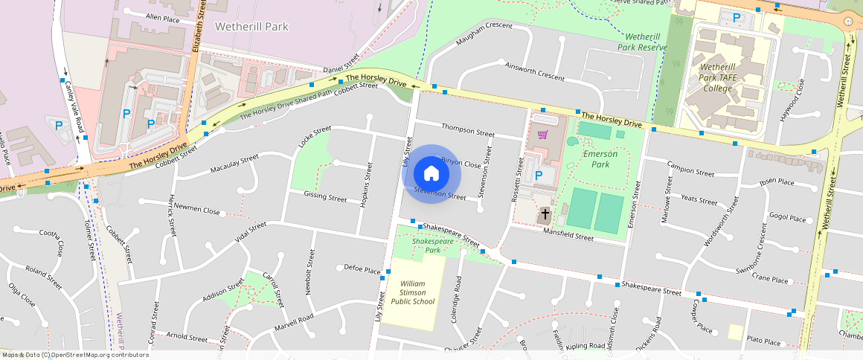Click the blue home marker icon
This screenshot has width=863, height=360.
431,174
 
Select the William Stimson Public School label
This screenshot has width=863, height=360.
417,292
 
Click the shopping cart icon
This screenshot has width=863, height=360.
543,135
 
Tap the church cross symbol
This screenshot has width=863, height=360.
545,214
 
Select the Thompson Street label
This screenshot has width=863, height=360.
468,130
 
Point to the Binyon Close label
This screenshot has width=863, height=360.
461,161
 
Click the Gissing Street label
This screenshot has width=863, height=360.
325,198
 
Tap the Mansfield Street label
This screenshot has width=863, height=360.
568,237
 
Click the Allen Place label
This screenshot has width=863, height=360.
163,17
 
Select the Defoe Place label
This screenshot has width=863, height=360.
362,269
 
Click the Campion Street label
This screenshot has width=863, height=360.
690,168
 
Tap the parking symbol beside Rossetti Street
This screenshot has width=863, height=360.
539,176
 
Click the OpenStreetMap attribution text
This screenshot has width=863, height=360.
74,355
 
